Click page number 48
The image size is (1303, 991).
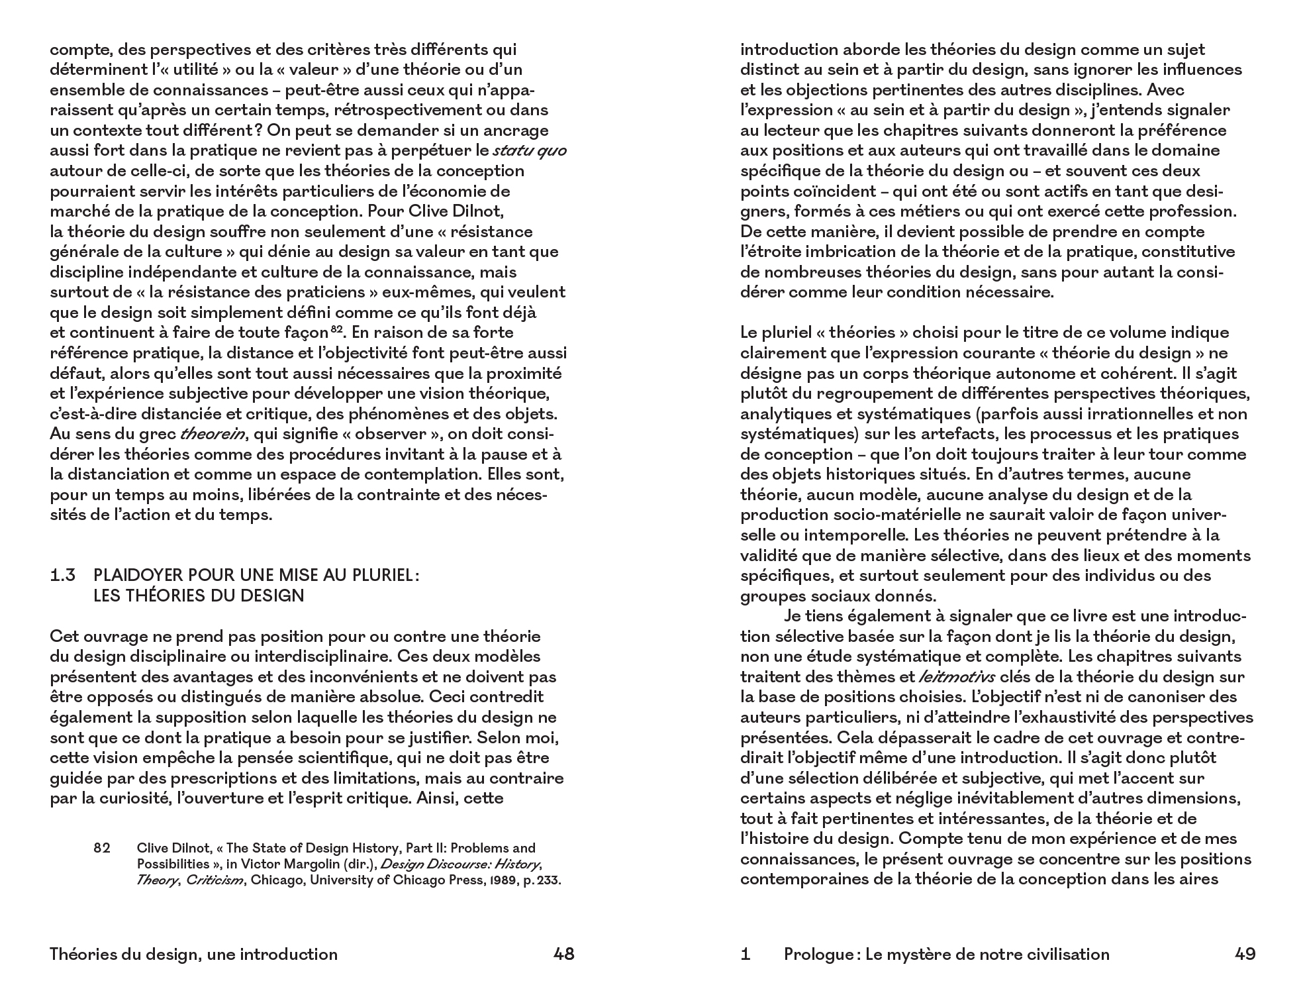click(x=563, y=954)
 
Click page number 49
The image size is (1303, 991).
click(x=1245, y=954)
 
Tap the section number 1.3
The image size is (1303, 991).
click(x=63, y=576)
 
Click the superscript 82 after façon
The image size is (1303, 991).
click(x=336, y=329)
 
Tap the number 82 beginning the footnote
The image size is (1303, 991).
click(x=102, y=848)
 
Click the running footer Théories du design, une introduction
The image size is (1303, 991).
click(x=193, y=954)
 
